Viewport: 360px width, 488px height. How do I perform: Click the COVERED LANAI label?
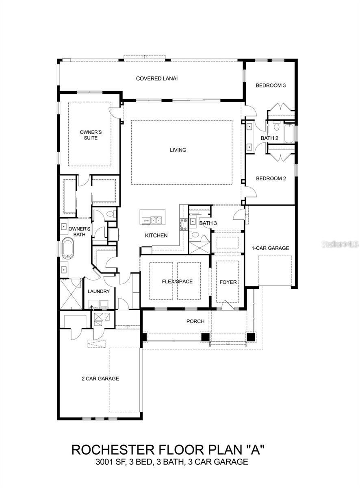156,78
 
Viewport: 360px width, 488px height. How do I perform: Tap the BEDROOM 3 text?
271,85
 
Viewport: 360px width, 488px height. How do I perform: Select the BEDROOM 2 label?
271,179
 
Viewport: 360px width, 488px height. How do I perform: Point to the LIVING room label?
178,150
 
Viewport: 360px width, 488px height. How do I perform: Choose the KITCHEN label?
156,235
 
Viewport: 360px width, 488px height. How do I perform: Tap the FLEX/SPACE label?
177,281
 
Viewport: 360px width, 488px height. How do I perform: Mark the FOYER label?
228,282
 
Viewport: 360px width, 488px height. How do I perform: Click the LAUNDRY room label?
98,292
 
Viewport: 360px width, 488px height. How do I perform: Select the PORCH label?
195,321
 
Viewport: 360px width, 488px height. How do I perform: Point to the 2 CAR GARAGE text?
100,379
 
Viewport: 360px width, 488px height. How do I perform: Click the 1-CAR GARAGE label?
271,248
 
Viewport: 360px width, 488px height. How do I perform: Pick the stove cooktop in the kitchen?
183,222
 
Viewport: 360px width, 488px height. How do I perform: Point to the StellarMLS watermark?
340,244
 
